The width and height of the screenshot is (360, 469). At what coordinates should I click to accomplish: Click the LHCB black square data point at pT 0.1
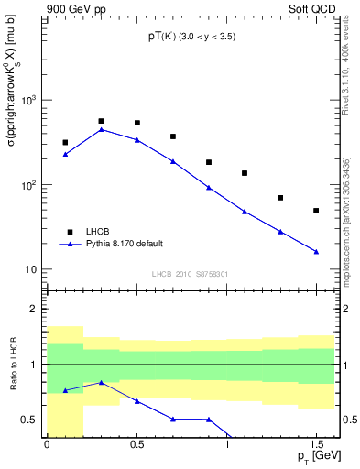[x=65, y=143]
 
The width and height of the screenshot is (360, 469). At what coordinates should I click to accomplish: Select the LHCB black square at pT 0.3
[x=101, y=121]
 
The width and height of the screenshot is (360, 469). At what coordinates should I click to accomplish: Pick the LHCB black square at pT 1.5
[x=316, y=211]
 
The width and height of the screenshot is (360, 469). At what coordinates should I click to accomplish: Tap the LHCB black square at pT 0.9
[x=209, y=162]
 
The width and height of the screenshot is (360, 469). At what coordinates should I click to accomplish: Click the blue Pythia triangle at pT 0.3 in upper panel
[x=101, y=129]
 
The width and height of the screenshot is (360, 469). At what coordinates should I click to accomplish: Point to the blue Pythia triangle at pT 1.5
[x=316, y=251]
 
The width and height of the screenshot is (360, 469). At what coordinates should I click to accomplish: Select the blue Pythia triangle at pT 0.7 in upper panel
[x=172, y=161]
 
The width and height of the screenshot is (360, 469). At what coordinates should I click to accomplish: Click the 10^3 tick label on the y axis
[x=29, y=100]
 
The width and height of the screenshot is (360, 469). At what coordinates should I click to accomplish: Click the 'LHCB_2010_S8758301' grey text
[x=189, y=273]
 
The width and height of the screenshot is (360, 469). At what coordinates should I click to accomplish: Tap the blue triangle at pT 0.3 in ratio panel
[x=101, y=383]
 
